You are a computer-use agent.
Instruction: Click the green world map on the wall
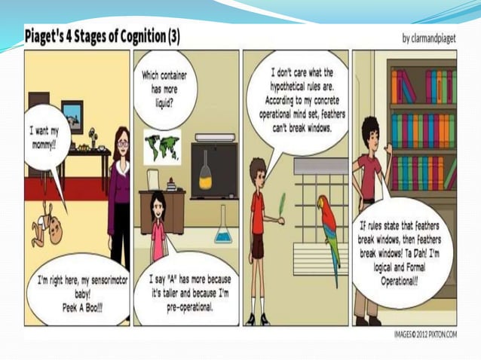pyautogui.click(x=162, y=146)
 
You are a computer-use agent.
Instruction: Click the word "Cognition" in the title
pyautogui.click(x=132, y=35)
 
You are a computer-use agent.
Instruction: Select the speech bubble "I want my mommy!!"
pyautogui.click(x=46, y=136)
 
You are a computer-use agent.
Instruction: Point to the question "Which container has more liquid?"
pyautogui.click(x=164, y=85)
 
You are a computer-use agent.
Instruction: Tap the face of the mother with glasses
pyautogui.click(x=122, y=145)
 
